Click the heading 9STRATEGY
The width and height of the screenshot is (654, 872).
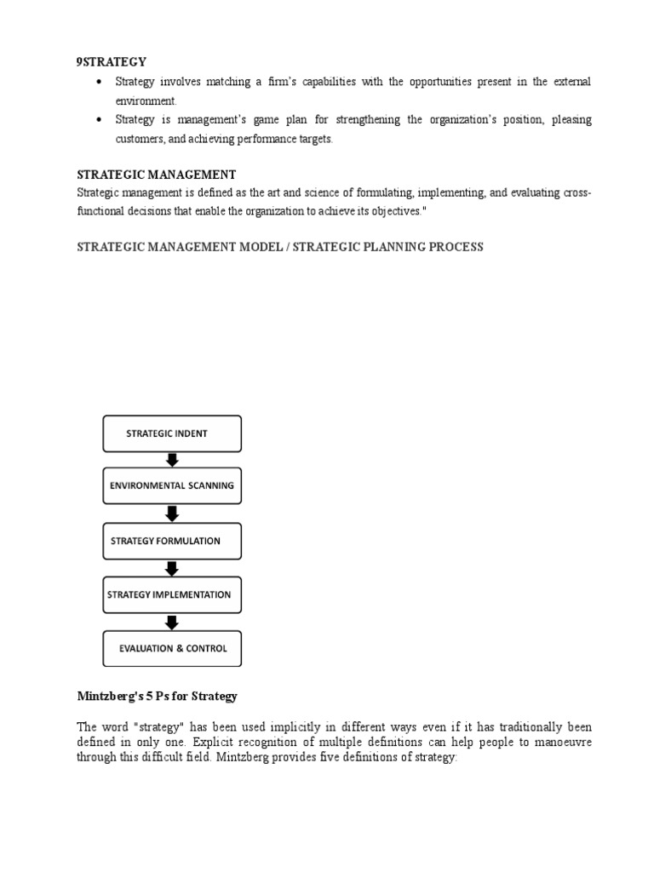[x=112, y=61]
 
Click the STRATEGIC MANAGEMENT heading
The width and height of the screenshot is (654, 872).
[x=157, y=175]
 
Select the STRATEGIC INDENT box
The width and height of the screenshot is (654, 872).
[x=172, y=433]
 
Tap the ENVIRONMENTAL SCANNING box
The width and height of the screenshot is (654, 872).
[x=172, y=486]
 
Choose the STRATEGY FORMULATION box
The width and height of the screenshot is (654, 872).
[x=172, y=541]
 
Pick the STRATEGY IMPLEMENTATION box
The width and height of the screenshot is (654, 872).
[x=172, y=594]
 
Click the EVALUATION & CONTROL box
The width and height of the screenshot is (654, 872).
[x=172, y=648]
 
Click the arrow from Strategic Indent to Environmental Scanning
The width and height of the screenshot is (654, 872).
[x=172, y=460]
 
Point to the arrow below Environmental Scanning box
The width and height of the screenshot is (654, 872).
[x=172, y=513]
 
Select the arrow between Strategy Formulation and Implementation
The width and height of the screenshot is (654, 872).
[x=172, y=567]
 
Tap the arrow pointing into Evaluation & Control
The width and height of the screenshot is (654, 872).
[x=172, y=622]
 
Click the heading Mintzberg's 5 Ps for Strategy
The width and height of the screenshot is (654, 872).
[x=158, y=696]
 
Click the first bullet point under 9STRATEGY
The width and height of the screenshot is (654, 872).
[x=100, y=82]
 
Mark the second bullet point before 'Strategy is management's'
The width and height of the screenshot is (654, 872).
[x=100, y=120]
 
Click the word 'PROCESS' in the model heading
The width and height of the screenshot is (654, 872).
[x=459, y=247]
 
